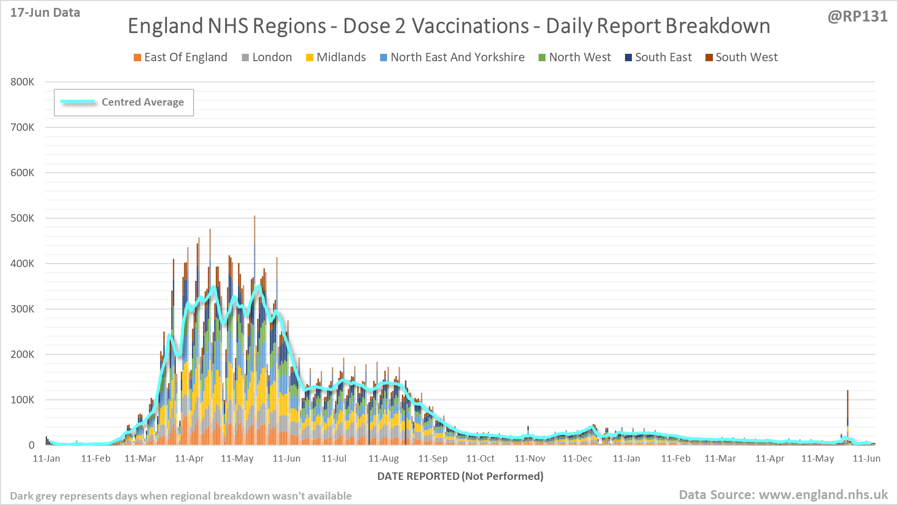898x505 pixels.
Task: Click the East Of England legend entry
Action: [181, 57]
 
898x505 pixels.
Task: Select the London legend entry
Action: [267, 57]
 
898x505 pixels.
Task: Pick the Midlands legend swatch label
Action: [336, 57]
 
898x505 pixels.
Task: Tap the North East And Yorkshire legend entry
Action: [453, 57]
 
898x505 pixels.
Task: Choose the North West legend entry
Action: [575, 57]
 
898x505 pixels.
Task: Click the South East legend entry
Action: [659, 57]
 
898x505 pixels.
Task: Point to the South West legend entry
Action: [742, 57]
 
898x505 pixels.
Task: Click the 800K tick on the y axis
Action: [22, 82]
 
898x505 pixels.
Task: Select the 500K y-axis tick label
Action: [22, 218]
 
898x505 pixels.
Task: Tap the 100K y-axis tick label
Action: [22, 400]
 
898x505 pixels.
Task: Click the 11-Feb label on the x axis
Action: [96, 459]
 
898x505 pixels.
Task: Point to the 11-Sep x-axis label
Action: [433, 459]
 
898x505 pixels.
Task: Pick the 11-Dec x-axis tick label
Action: [577, 459]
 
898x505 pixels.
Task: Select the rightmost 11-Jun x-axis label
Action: [866, 459]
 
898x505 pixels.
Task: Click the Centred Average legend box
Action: [124, 102]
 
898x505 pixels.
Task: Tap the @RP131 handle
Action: [858, 16]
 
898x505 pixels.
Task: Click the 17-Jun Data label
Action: [45, 13]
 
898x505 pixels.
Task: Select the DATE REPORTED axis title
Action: [460, 476]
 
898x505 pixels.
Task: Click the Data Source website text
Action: [783, 495]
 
